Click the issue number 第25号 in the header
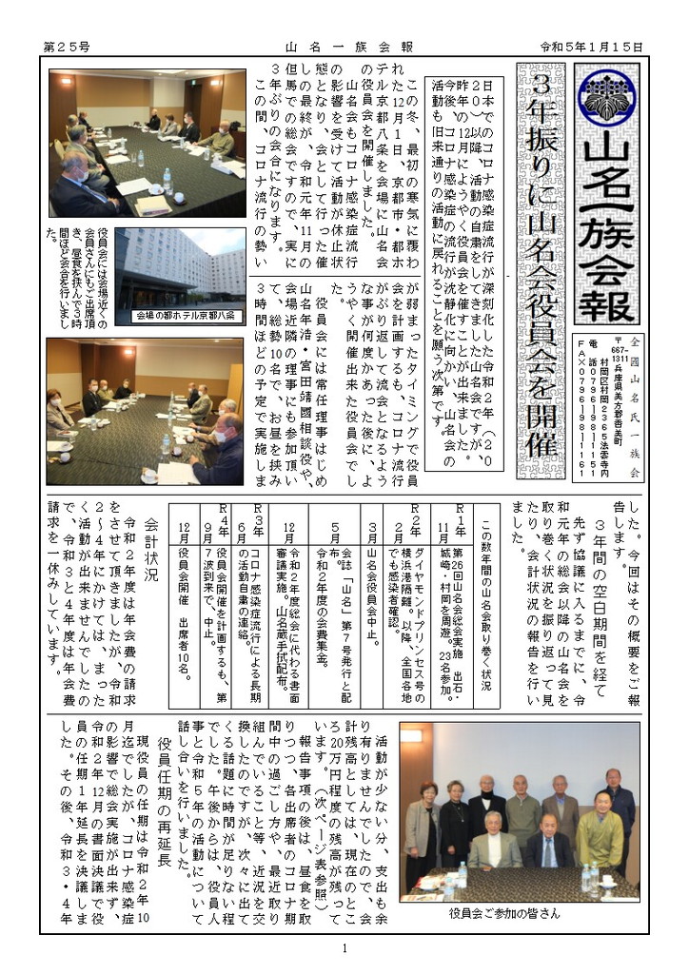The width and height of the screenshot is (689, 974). point(68,46)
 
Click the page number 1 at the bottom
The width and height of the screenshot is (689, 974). point(344,949)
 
